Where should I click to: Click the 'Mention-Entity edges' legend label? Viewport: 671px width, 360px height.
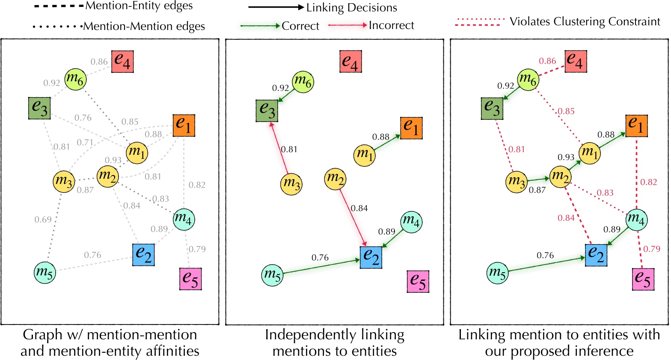(x=139, y=6)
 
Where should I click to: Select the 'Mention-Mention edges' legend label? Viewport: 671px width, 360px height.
(x=144, y=27)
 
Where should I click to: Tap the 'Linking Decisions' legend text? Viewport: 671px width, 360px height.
(x=351, y=8)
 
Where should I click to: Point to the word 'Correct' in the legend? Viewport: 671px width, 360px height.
(x=300, y=26)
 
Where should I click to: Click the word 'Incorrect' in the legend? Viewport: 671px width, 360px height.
(x=391, y=26)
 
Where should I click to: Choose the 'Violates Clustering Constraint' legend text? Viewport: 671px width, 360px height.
(x=585, y=21)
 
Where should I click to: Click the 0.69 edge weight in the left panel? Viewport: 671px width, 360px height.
(x=43, y=220)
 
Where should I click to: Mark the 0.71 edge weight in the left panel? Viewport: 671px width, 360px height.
(x=85, y=143)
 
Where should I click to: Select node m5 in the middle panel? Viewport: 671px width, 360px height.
(x=273, y=274)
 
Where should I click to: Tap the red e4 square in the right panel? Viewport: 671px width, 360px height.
(x=576, y=61)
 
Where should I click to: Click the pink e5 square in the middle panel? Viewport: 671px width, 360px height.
(x=418, y=281)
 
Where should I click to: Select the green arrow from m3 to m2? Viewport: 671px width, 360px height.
(x=538, y=180)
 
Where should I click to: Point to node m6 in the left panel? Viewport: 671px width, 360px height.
(x=75, y=79)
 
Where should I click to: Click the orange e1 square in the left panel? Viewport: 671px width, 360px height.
(x=184, y=125)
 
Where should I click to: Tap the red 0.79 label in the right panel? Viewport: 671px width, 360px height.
(x=652, y=249)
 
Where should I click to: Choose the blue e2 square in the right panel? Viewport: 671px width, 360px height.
(x=596, y=255)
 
